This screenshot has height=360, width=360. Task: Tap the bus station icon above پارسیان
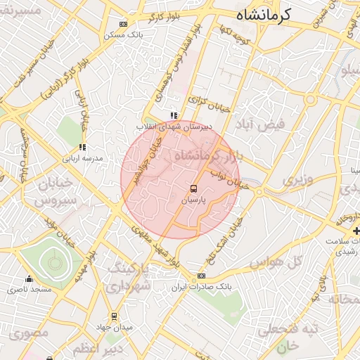tap(193, 189)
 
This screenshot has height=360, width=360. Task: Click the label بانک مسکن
tap(123, 34)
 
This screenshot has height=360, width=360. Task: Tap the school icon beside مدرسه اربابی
tap(82, 148)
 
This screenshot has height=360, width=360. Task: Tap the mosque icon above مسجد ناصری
tap(29, 279)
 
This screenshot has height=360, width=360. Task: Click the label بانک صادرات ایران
tap(202, 288)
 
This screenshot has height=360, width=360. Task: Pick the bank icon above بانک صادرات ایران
tap(202, 276)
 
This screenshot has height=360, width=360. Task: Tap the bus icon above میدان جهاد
tap(114, 316)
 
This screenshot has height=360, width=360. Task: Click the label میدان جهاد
tap(114, 327)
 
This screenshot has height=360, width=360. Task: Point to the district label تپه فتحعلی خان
tap(289, 337)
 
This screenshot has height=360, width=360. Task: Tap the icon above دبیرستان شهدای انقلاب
tap(173, 115)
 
